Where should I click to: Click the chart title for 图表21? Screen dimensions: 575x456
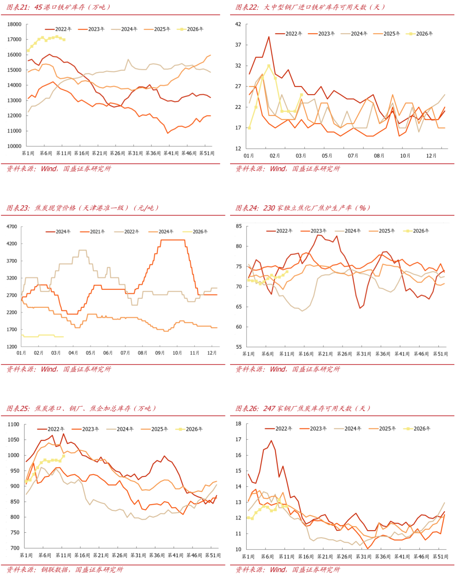[59, 7]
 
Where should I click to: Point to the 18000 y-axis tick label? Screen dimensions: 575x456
[14, 24]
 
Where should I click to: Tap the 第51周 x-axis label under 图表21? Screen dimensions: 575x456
[206, 153]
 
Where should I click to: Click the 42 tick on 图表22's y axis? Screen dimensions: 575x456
[238, 24]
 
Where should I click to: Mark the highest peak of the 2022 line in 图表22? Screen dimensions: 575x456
[269, 37]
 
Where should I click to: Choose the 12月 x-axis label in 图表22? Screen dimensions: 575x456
[431, 156]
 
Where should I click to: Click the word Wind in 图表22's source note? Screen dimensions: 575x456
[277, 169]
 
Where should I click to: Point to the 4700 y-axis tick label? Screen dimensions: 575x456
[12, 227]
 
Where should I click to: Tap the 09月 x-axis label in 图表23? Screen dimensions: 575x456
[160, 353]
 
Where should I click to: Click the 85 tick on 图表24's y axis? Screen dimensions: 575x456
[239, 226]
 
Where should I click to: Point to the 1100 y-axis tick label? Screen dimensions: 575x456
[14, 425]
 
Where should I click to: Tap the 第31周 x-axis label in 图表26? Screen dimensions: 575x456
[363, 557]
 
